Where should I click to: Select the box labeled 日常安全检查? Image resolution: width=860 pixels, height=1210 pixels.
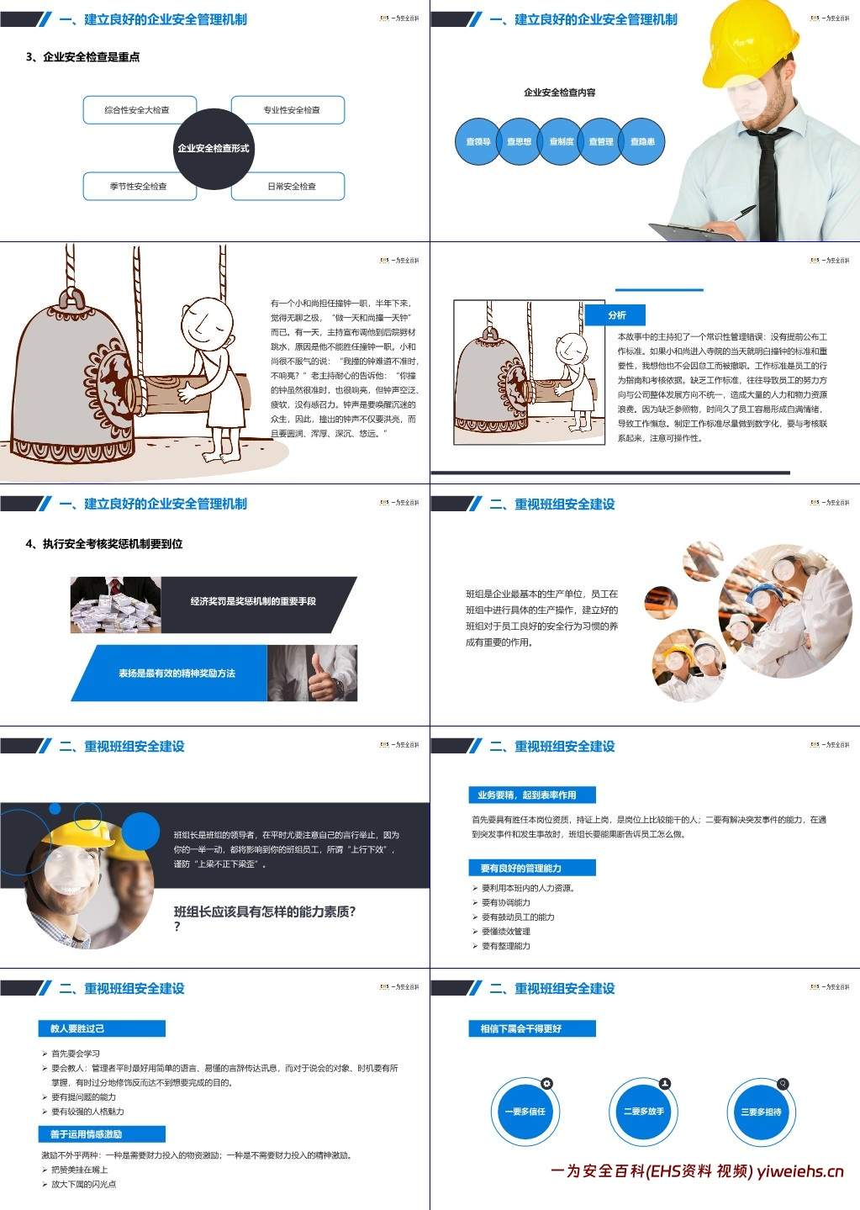coord(293,187)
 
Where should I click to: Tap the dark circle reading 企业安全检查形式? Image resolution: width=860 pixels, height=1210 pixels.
coord(214,148)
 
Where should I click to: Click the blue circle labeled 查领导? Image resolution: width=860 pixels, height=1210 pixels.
coord(477,142)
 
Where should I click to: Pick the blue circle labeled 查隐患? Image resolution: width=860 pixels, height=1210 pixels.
coord(642,142)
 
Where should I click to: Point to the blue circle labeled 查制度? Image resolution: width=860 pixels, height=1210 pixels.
coord(561,142)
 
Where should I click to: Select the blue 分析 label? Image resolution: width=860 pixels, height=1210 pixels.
coord(616,315)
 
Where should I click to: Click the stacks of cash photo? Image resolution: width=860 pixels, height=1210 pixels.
coord(115,604)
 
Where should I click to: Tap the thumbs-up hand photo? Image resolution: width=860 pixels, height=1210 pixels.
coord(313,674)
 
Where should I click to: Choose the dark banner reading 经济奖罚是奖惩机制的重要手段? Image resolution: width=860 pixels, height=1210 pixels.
coord(254,602)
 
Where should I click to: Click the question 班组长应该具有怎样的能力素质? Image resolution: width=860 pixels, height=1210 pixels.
coord(265,911)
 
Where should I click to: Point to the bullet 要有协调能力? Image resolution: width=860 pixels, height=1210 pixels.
coord(505,902)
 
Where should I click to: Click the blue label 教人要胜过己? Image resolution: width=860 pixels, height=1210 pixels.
coord(102,1028)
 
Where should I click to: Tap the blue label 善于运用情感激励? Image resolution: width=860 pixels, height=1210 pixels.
coord(102,1134)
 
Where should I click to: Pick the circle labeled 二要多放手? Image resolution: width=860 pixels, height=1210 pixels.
coord(643,1112)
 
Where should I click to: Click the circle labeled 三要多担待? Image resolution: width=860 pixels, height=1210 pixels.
coord(761,1112)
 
